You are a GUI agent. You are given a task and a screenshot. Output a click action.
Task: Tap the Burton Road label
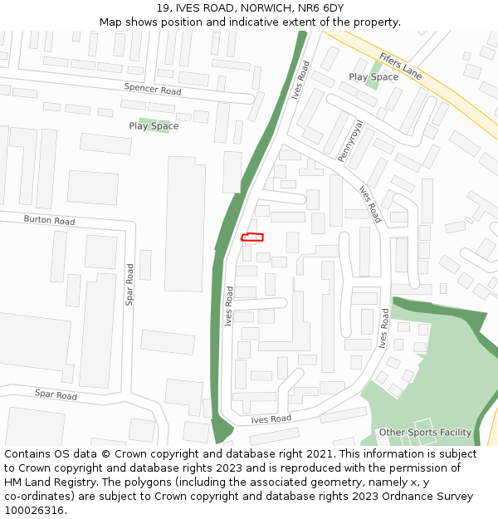[49, 221]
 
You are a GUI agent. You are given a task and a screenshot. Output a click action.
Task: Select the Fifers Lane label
[400, 66]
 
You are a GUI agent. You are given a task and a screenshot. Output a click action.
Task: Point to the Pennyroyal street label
[350, 140]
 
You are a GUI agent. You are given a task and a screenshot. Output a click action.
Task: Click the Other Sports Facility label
[425, 433]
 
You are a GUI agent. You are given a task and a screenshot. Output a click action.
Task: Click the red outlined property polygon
[252, 237]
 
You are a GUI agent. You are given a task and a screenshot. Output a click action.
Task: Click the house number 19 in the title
[163, 8]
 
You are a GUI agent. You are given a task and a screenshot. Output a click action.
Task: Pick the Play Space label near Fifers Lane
[373, 77]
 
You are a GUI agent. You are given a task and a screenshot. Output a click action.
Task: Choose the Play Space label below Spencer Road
[154, 126]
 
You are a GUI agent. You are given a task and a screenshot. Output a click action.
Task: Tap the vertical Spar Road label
[129, 284]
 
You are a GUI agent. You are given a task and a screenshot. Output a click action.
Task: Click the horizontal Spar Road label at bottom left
[56, 394]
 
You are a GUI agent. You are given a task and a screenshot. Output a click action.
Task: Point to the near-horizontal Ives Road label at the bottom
[271, 420]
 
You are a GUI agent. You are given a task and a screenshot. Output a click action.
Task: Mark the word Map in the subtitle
[111, 22]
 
